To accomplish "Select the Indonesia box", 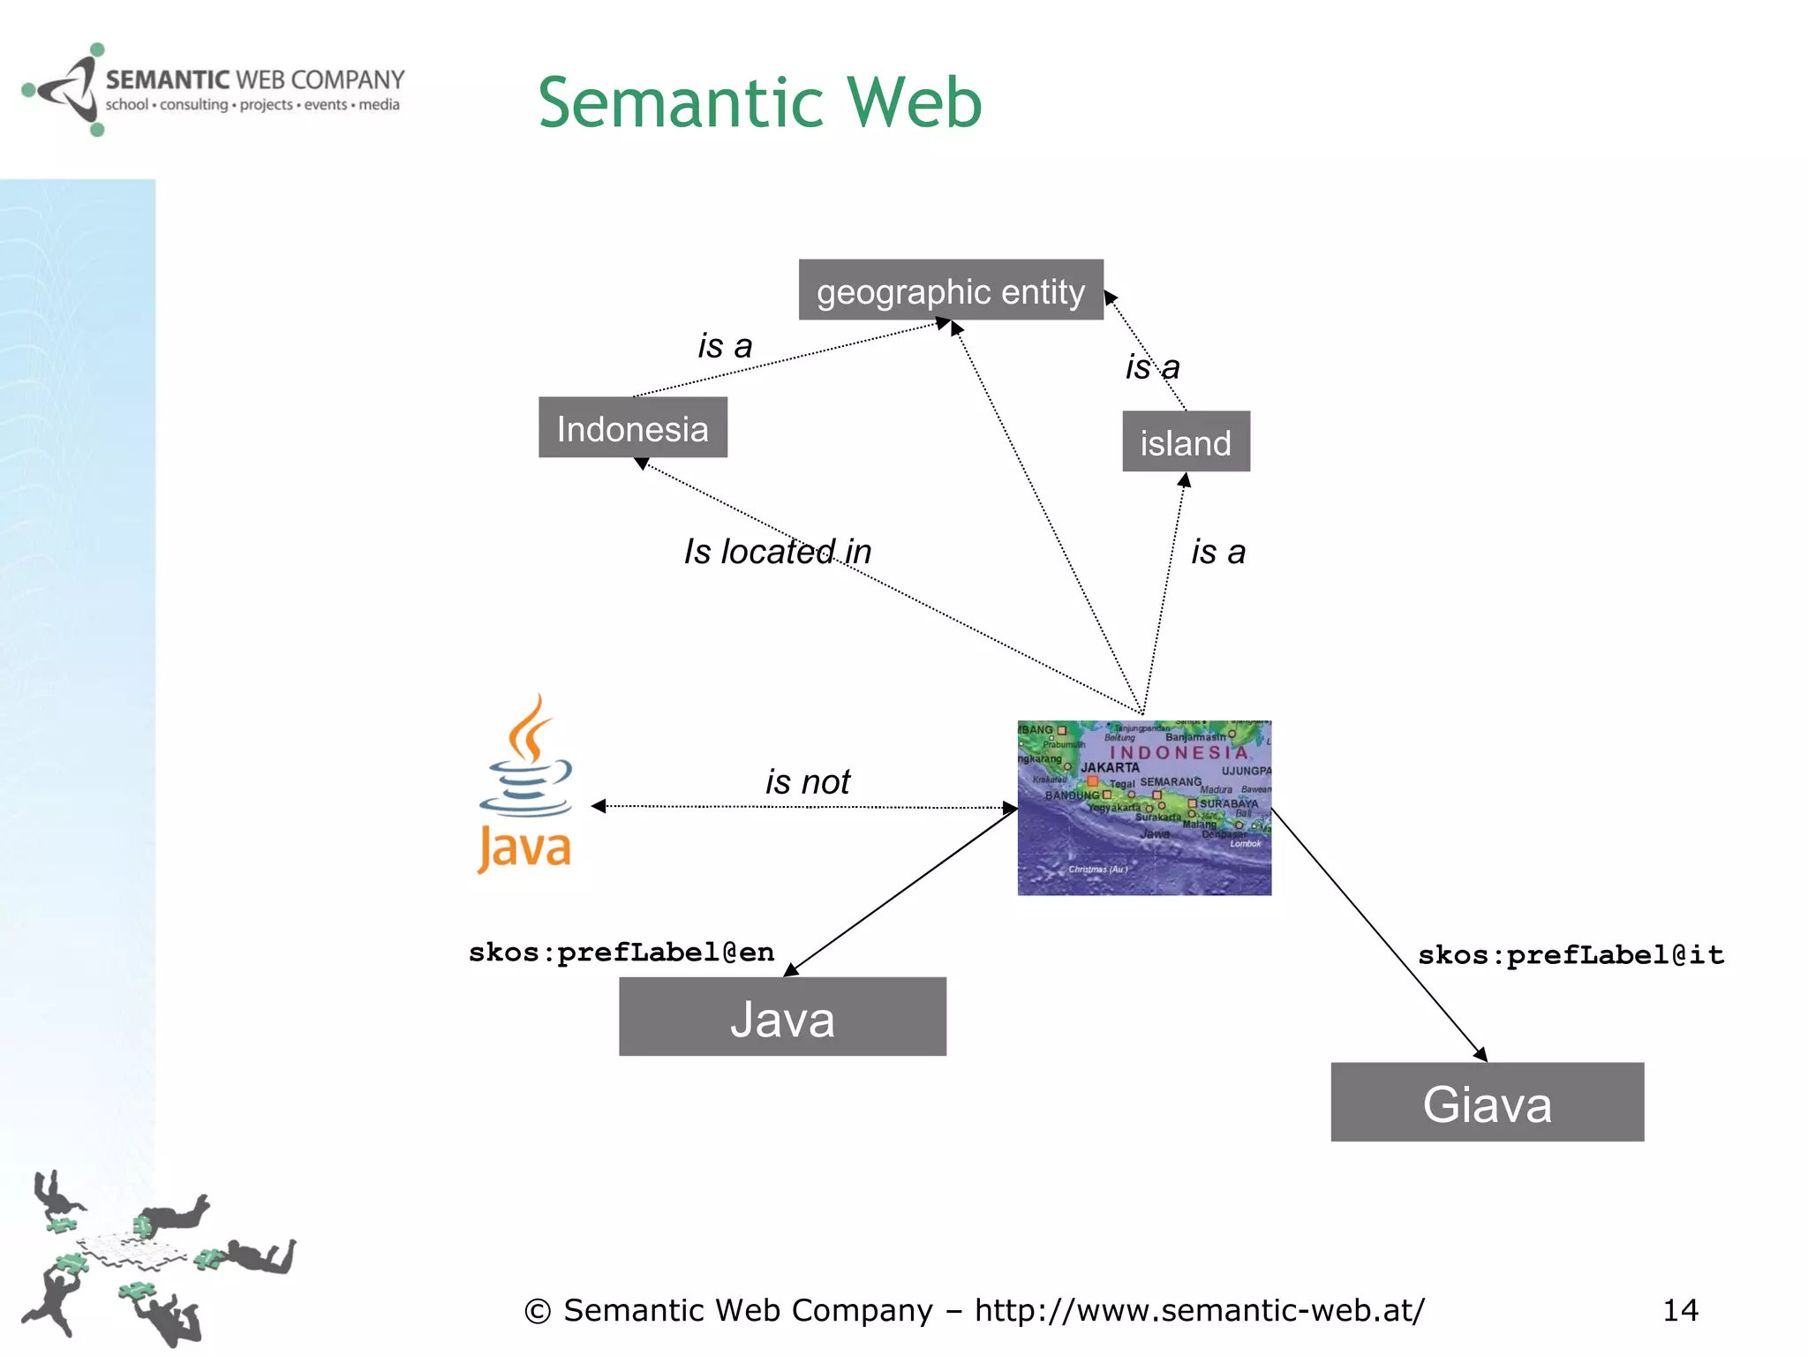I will pyautogui.click(x=632, y=428).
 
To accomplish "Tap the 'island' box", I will pyautogui.click(x=1186, y=441).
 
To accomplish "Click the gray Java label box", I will pyautogui.click(x=782, y=1017).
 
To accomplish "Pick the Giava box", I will pyautogui.click(x=1487, y=1103).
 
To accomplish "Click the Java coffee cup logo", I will pyautogui.click(x=526, y=785).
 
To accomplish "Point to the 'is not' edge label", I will pyautogui.click(x=807, y=781).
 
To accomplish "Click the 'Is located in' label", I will pyautogui.click(x=777, y=552).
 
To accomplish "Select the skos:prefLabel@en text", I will pyautogui.click(x=621, y=953).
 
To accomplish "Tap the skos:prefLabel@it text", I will pyautogui.click(x=1571, y=955).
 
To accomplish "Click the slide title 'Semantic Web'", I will pyautogui.click(x=759, y=102).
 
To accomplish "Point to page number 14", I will pyautogui.click(x=1680, y=1310).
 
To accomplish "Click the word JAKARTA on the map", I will pyautogui.click(x=1110, y=768).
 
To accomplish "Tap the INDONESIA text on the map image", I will pyautogui.click(x=1178, y=753).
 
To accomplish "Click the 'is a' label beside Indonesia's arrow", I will pyautogui.click(x=725, y=346).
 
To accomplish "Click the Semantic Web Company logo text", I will pyautogui.click(x=254, y=81).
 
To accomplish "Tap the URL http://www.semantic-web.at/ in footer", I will pyautogui.click(x=1199, y=1310).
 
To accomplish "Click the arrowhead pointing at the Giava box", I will pyautogui.click(x=1481, y=1054).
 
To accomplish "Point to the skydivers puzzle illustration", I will pyautogui.click(x=150, y=1258).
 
